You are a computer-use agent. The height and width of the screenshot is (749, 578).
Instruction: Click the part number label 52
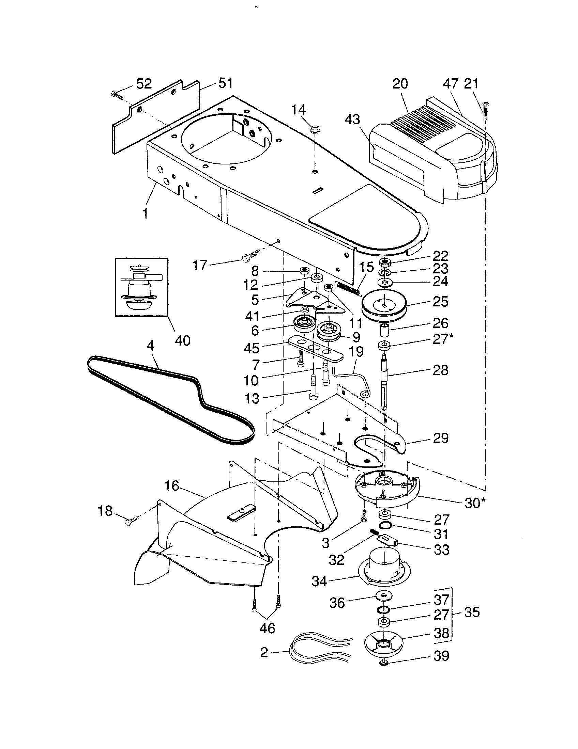click(x=144, y=83)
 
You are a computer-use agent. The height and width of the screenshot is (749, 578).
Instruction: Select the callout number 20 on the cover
click(x=400, y=83)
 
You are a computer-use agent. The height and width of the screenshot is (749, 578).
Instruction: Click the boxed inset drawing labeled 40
click(x=141, y=287)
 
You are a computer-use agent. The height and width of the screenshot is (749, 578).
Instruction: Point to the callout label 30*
click(x=475, y=503)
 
